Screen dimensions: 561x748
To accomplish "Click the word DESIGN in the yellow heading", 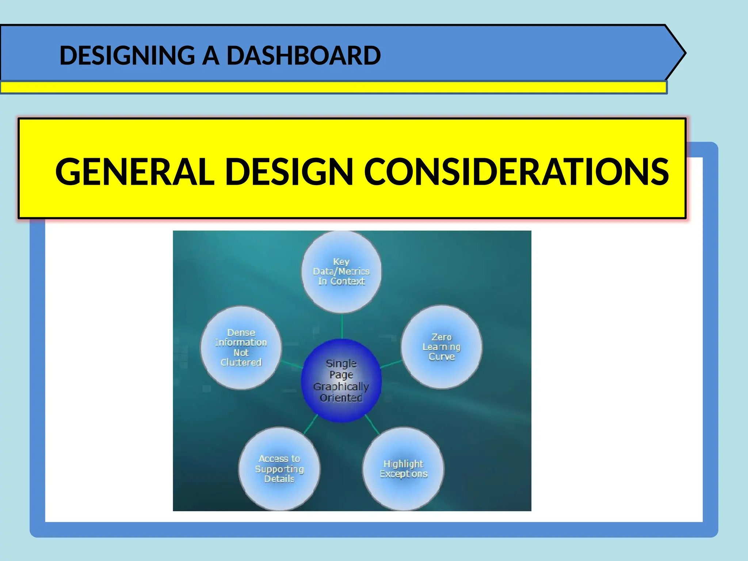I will (x=289, y=172).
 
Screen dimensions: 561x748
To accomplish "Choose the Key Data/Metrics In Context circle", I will (x=341, y=272).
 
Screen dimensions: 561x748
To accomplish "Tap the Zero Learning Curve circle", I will (x=441, y=347).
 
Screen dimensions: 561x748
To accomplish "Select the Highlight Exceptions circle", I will (x=403, y=469).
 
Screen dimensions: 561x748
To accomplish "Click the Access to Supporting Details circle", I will (x=279, y=469).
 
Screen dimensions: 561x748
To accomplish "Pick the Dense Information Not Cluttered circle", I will (x=241, y=348).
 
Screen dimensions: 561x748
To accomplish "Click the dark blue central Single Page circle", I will (x=341, y=380).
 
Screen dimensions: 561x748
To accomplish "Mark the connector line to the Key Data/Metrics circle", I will (x=342, y=326).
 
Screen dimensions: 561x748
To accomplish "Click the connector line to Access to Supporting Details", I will (x=310, y=424).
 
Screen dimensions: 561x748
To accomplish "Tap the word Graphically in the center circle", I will (x=341, y=386).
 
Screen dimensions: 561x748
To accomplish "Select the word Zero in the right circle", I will (x=442, y=337).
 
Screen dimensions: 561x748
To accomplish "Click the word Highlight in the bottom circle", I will (x=403, y=464).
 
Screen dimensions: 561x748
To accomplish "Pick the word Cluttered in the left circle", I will (x=241, y=362).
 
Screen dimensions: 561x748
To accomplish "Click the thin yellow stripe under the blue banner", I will (x=329, y=88).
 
